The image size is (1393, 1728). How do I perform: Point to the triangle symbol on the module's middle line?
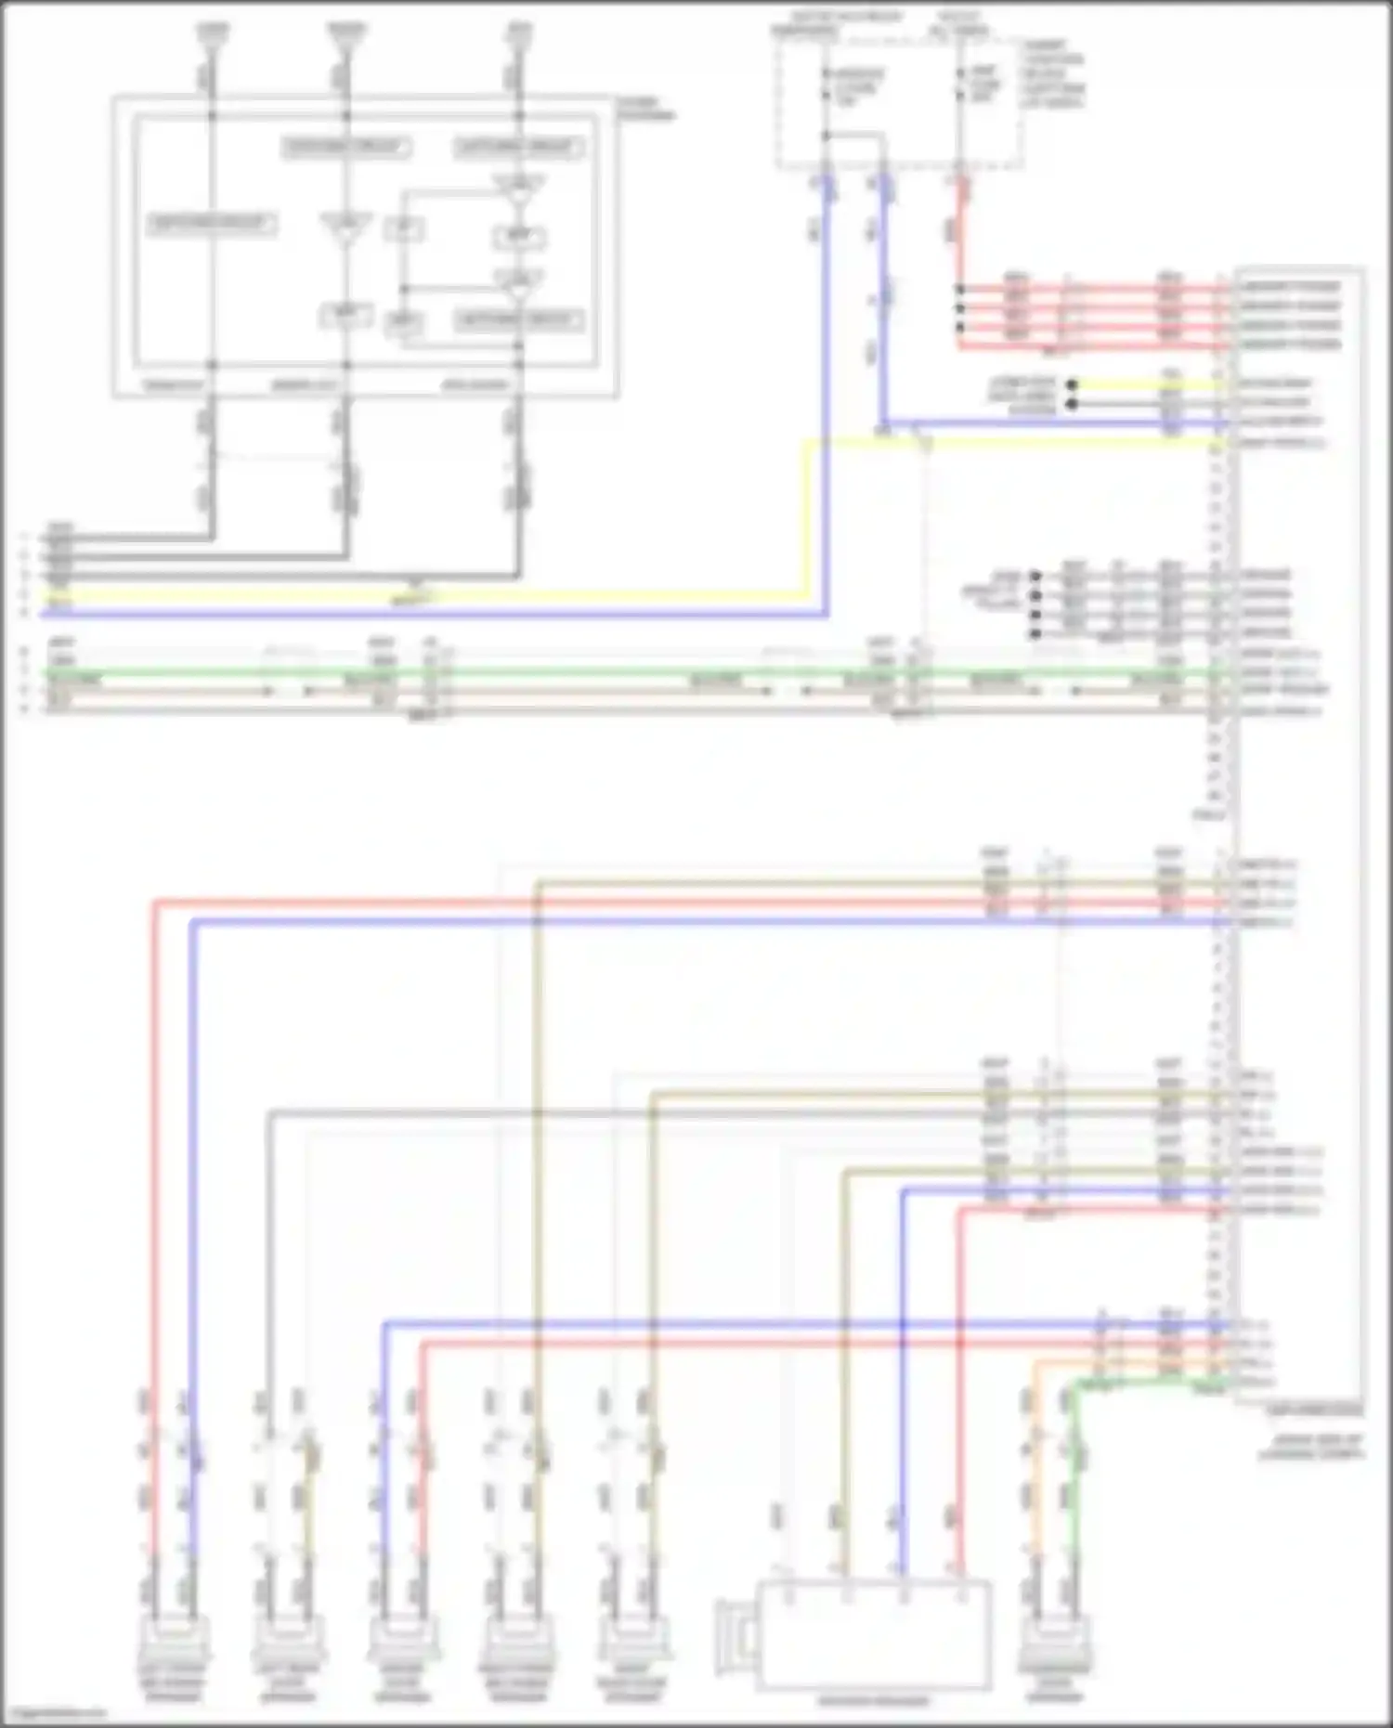tap(345, 227)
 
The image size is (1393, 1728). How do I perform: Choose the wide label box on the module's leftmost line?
tap(211, 224)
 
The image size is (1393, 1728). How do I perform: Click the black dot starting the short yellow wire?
tap(1072, 384)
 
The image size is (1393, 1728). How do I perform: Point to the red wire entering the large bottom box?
tap(962, 1393)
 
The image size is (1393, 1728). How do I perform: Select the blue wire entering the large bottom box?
tap(901, 1393)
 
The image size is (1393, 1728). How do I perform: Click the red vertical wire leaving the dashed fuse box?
tap(960, 232)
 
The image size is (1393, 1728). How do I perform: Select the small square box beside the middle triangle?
tap(406, 228)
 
